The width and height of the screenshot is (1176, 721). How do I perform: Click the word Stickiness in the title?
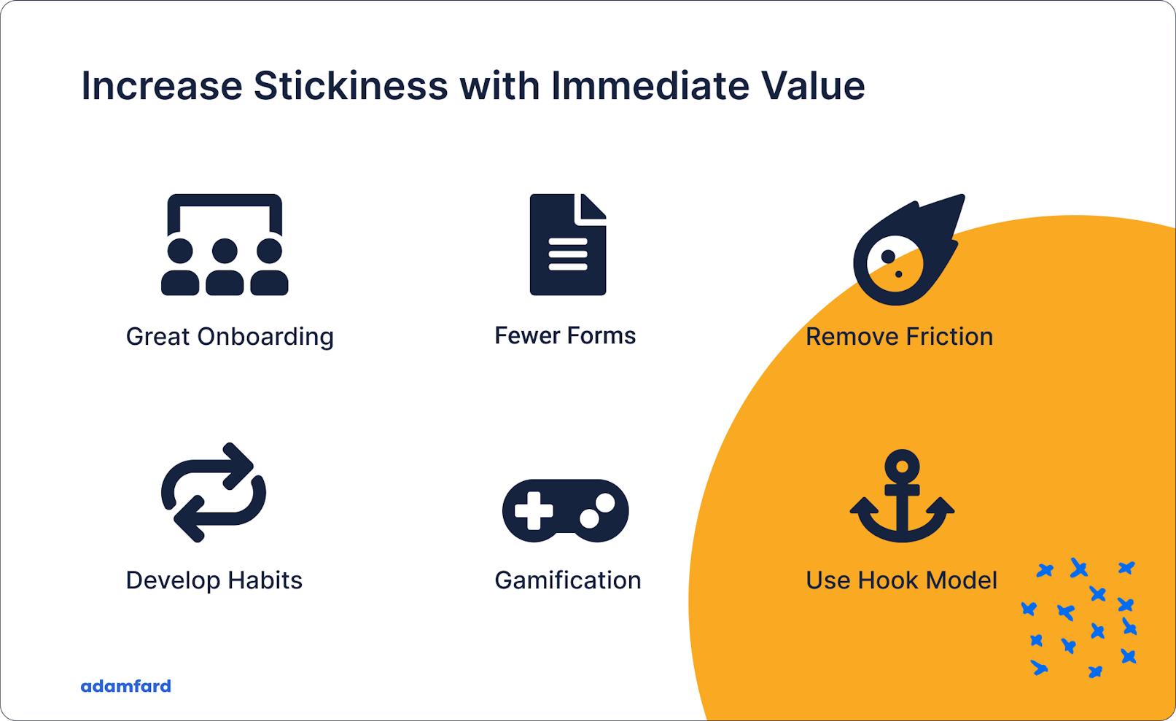(350, 86)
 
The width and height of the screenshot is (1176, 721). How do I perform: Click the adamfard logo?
(125, 686)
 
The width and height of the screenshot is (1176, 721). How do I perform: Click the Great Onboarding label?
(230, 337)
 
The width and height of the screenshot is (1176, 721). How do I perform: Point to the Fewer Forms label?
(565, 335)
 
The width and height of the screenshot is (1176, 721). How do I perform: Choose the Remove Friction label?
(899, 337)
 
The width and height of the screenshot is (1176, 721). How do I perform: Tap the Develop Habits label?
(214, 580)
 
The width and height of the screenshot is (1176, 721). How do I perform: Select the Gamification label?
(568, 580)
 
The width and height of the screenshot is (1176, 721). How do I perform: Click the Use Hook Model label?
(901, 580)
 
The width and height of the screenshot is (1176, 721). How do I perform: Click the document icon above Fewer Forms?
(567, 245)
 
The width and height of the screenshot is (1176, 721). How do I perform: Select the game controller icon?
(565, 510)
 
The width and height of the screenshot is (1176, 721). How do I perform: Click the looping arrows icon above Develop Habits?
(213, 493)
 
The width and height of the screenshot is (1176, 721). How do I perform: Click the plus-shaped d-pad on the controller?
(534, 510)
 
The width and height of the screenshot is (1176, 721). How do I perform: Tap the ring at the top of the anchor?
(902, 464)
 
